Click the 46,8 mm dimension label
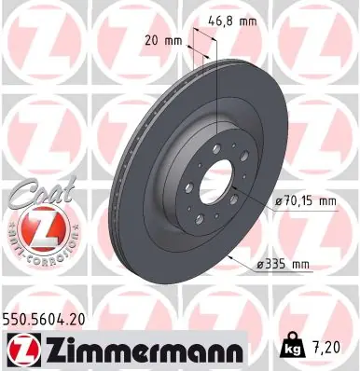pyautogui.click(x=232, y=21)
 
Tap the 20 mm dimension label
pyautogui.click(x=163, y=41)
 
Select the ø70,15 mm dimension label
pyautogui.click(x=306, y=201)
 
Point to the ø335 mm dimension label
pyautogui.click(x=283, y=265)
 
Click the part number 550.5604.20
pyautogui.click(x=44, y=320)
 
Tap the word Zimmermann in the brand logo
pyautogui.click(x=145, y=350)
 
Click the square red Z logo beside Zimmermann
pyautogui.click(x=24, y=350)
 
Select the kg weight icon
pyautogui.click(x=292, y=345)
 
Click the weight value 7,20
pyautogui.click(x=326, y=348)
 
